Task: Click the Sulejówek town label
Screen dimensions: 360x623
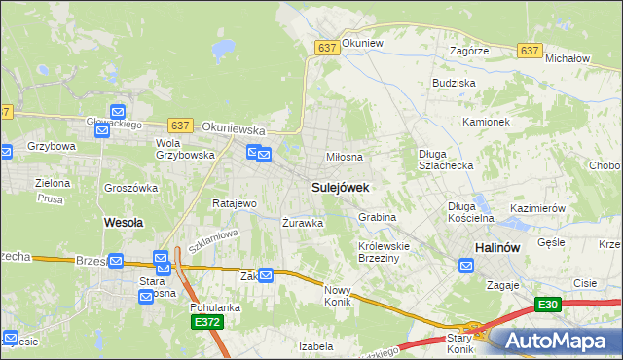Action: click(340, 185)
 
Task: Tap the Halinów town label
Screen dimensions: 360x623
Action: click(501, 248)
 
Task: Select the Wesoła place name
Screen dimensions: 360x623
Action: click(124, 222)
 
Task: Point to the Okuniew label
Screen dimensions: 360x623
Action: click(364, 44)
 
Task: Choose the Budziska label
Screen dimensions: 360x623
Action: click(454, 84)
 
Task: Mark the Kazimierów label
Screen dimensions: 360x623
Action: click(538, 208)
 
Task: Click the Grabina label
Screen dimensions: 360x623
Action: click(377, 217)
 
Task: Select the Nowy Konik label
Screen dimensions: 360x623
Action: click(337, 295)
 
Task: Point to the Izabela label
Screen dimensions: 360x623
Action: click(316, 345)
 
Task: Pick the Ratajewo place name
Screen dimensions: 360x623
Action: click(234, 203)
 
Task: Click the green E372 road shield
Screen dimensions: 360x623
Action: click(207, 322)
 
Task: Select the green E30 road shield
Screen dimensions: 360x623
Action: click(548, 305)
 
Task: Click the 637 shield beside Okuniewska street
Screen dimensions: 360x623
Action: click(179, 126)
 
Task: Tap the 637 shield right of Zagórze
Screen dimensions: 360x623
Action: click(530, 51)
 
